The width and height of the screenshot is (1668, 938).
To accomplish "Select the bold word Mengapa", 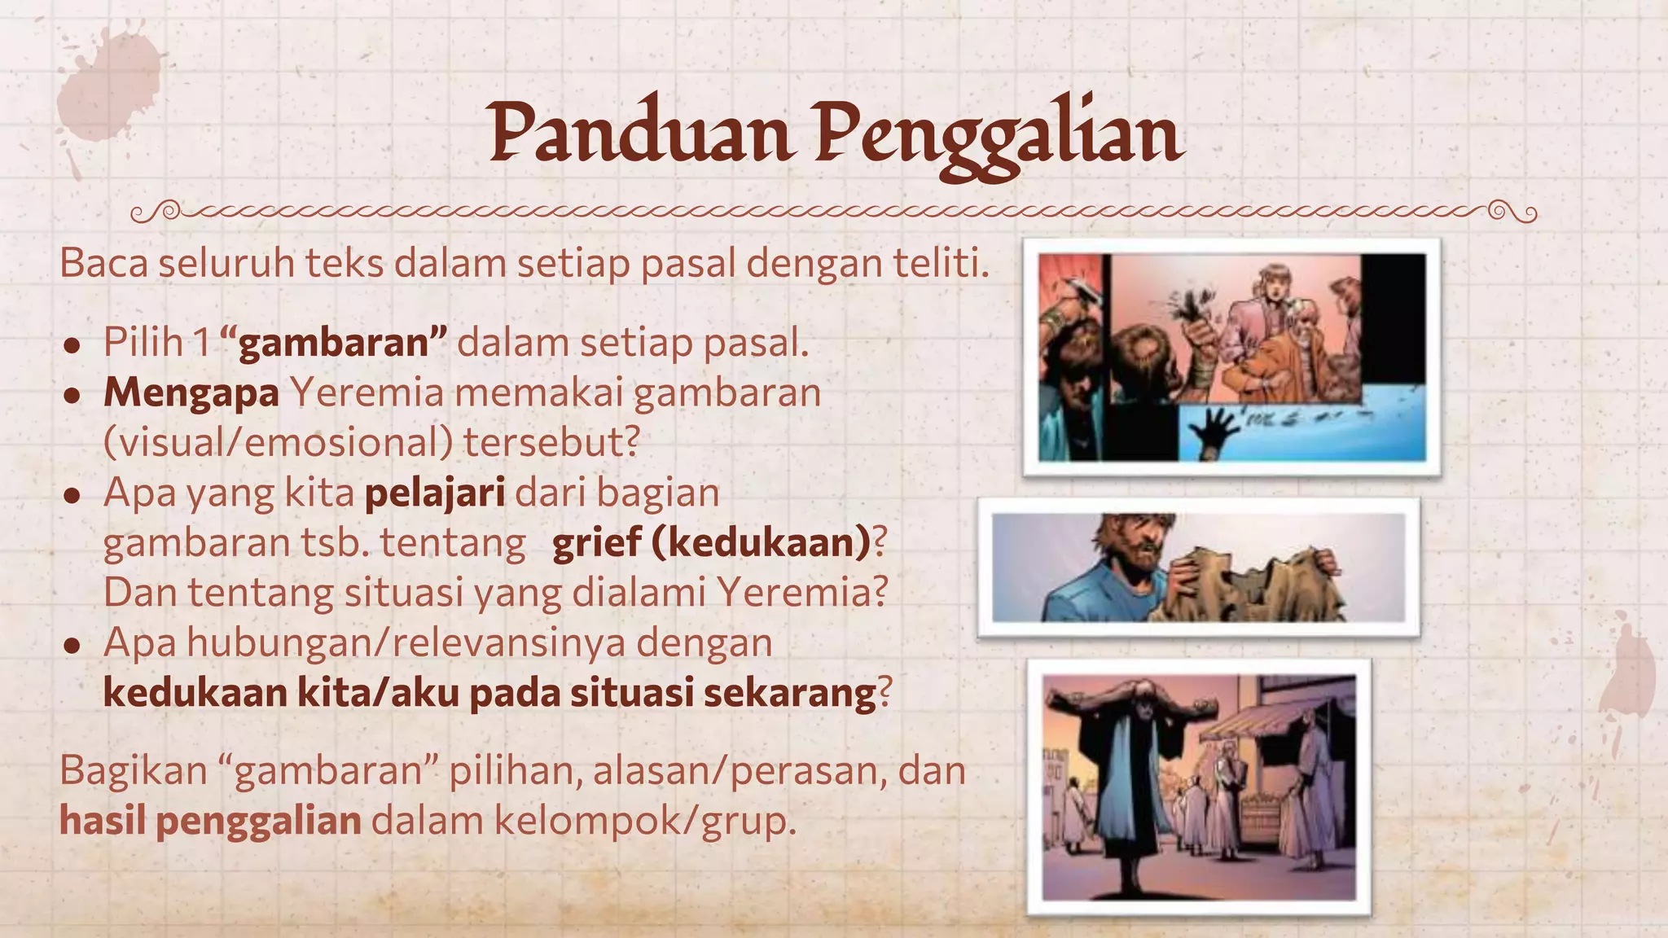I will tap(191, 392).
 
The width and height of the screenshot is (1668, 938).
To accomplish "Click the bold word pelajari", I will tap(435, 493).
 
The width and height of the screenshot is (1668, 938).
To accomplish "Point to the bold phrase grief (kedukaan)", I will tap(711, 543).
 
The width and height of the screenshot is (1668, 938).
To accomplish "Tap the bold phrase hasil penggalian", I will tap(210, 821).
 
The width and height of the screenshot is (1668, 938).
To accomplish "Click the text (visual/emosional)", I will tap(278, 443).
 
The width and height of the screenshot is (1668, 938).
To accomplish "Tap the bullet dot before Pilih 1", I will tap(72, 345).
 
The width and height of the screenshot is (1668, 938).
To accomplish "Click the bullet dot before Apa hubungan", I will tap(72, 646).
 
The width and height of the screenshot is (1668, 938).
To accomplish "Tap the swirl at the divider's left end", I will tap(155, 213).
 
